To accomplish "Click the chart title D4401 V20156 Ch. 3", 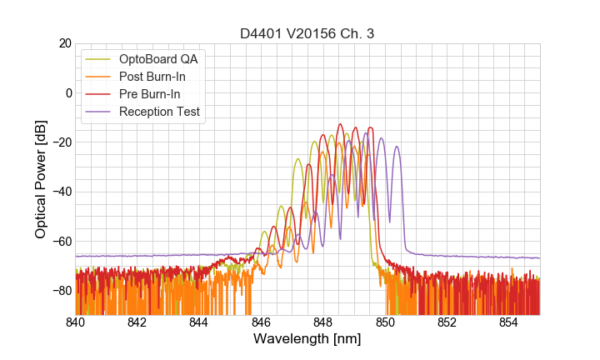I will coord(307,32).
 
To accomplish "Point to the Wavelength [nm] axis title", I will coord(307,339).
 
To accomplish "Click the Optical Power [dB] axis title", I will coord(40,178).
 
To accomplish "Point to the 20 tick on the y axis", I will coord(63,43).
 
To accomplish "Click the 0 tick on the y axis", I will coord(67,92).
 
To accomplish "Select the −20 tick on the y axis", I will coord(61,142).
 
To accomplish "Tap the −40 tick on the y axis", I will coord(61,192).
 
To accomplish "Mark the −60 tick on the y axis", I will coord(61,241).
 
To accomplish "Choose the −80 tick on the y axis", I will coord(61,290).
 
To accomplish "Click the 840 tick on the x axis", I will coord(75,322).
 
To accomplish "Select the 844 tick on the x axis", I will coord(199,322).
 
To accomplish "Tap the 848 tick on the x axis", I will coord(323,322).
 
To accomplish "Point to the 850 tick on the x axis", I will coord(385,322).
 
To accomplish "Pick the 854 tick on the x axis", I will coord(509,322).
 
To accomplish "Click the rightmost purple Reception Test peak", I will coord(397,147).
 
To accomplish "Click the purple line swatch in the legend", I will coord(99,112).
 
